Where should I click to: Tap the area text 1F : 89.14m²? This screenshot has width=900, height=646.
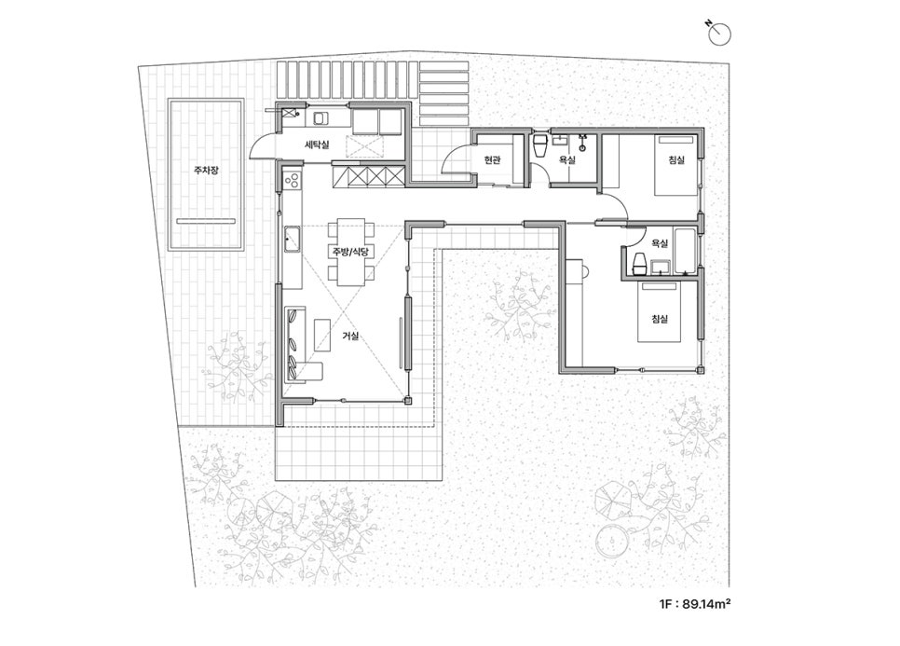[695, 604]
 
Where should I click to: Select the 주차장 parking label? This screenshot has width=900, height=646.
[206, 170]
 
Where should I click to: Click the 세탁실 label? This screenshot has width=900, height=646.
[317, 144]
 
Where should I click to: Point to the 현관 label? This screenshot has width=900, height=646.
[492, 160]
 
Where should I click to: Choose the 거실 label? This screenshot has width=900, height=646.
[350, 336]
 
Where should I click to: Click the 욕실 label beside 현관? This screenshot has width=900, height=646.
[566, 160]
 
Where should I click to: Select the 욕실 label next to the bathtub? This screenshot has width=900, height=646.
[660, 243]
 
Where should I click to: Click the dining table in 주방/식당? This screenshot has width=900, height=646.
[350, 252]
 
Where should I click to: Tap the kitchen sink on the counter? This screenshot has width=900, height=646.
[293, 240]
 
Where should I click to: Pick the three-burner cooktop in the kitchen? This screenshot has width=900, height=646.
[292, 180]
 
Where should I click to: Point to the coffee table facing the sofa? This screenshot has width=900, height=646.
[322, 335]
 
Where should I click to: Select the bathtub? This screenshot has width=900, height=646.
[686, 251]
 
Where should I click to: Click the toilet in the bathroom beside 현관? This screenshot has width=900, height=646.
[540, 145]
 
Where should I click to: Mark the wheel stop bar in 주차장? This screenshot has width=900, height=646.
[206, 221]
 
